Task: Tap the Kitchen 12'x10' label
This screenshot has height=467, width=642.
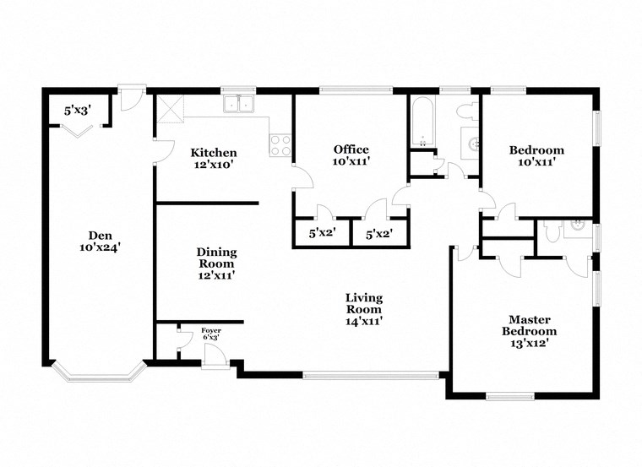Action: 213,159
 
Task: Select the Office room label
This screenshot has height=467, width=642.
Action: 351,155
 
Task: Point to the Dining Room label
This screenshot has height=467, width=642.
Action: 216,263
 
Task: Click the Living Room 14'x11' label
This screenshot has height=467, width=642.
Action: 364,309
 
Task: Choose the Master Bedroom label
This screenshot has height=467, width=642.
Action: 529,325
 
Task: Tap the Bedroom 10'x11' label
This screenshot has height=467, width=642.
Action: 536,156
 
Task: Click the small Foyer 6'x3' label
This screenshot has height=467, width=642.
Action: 211,334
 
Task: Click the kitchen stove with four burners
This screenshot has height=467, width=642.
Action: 280,145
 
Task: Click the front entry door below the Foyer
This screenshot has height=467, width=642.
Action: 215,361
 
